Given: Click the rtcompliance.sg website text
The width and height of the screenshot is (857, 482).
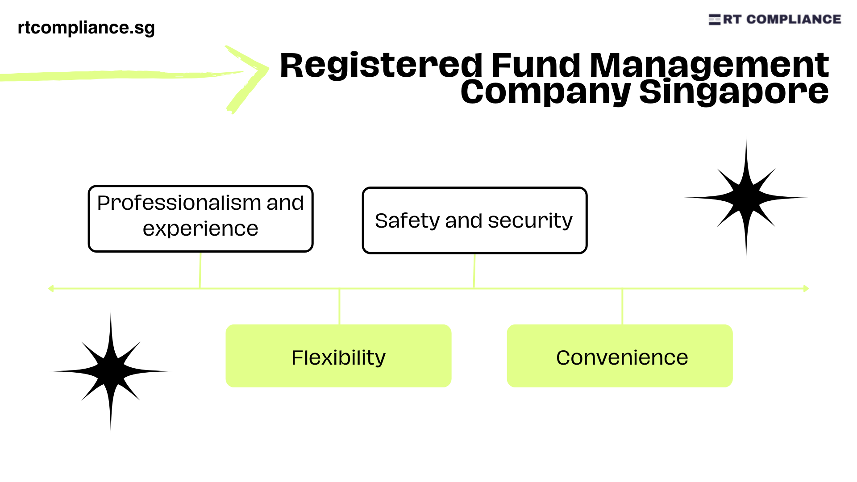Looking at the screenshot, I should point(86,28).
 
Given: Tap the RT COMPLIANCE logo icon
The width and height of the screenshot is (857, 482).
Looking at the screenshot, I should point(714,20).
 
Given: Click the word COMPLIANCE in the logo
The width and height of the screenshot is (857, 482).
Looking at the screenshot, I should point(794,20).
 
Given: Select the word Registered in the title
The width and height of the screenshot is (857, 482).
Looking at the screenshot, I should point(381,66).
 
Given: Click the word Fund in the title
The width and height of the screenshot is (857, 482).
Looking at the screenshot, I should point(536,66).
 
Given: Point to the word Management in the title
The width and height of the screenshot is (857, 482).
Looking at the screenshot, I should point(709,66).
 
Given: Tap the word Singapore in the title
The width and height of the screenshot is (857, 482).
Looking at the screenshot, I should point(734,92).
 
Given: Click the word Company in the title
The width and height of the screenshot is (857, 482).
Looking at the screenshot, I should point(545,92).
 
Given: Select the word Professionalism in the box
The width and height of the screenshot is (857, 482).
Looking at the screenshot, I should point(180,203).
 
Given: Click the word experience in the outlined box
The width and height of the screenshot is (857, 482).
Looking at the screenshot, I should point(200,229).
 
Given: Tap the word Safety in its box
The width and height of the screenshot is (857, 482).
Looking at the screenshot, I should point(407,221).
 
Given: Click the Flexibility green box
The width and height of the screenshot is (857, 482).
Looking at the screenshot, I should point(338,356).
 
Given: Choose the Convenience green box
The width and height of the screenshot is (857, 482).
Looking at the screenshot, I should point(620,356).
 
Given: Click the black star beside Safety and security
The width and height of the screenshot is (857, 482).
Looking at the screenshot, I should point(746,198).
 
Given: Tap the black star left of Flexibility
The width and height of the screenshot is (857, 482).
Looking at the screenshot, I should point(111,371).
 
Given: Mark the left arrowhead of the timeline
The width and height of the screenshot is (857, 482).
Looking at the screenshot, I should point(51,289).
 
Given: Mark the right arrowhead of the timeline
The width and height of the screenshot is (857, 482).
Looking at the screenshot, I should point(806,289).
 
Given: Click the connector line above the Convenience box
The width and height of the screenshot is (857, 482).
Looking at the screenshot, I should point(622,307).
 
